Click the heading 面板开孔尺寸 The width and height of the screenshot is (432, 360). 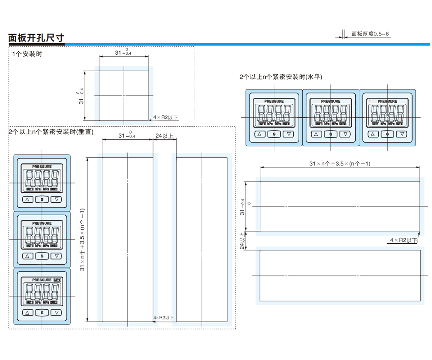[36, 38]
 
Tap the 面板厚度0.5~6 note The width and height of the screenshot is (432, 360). [370, 34]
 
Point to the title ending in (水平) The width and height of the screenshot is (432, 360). [280, 77]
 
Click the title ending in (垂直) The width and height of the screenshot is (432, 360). [51, 132]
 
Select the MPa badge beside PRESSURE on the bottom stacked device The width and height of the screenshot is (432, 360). [57, 280]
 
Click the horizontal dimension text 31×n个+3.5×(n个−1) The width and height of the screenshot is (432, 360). [340, 163]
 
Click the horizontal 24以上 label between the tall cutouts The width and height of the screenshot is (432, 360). [164, 136]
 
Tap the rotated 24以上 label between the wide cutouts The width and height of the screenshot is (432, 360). [242, 240]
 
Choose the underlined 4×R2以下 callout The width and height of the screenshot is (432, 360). [403, 240]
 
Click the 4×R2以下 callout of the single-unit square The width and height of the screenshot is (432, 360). [166, 117]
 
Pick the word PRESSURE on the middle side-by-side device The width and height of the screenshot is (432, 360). [330, 102]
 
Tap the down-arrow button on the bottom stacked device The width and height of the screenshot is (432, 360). [57, 312]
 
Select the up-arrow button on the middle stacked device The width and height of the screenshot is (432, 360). [28, 256]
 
